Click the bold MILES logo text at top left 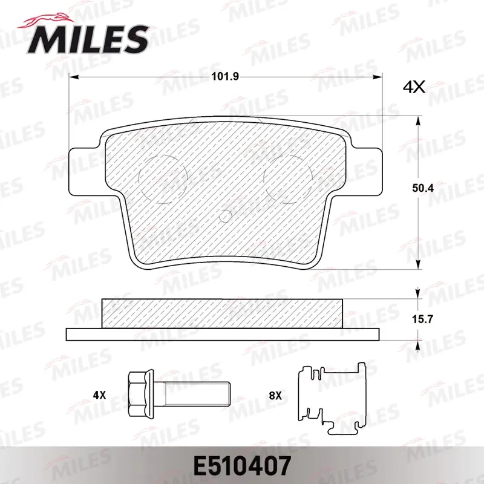tap(88, 39)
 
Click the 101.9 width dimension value tap(225, 77)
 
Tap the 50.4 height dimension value tap(423, 188)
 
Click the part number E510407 tap(242, 465)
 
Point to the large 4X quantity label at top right tap(414, 87)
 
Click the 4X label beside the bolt tap(99, 395)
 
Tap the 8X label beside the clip tap(275, 395)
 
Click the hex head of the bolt tap(141, 394)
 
